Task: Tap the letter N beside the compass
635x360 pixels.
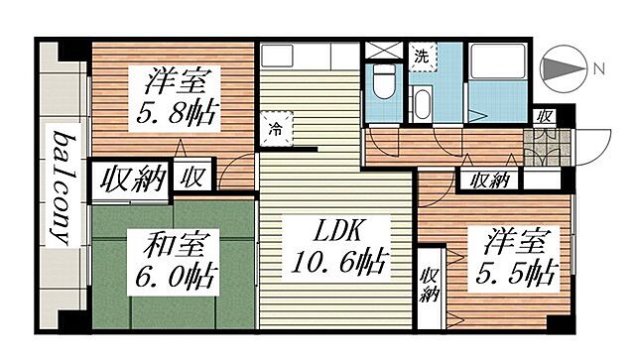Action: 598,70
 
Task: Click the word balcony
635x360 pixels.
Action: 65,188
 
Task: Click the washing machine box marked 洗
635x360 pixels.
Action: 422,56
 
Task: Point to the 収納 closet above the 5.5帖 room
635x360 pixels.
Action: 489,180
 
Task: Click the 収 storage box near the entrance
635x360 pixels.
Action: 545,116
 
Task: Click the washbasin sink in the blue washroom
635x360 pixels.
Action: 421,102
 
